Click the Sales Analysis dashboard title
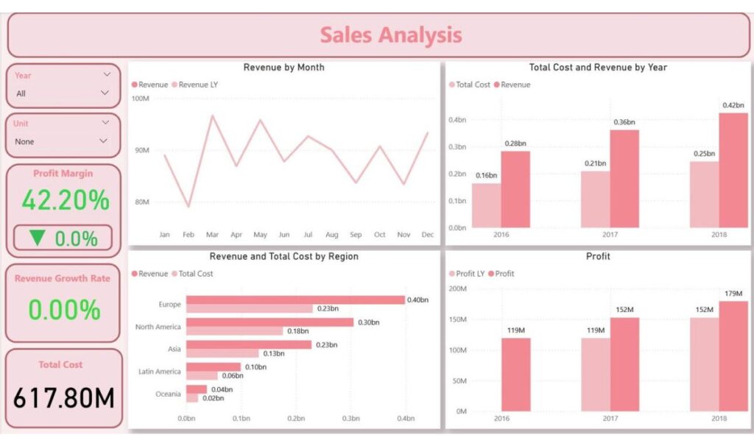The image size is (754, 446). tap(391, 35)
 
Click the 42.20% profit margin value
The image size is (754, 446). tap(65, 199)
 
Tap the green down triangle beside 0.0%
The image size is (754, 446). tap(38, 238)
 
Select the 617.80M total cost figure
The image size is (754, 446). tap(64, 398)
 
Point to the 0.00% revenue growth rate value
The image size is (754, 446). tap(64, 310)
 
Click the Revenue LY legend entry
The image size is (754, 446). tap(198, 85)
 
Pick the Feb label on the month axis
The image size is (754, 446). tap(188, 235)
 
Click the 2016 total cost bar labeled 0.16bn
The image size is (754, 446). tap(486, 205)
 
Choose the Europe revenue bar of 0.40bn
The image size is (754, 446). tap(295, 300)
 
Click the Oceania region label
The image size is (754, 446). tap(168, 394)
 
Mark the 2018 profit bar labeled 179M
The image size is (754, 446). tap(733, 355)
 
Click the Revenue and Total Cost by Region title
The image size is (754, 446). tap(284, 257)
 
